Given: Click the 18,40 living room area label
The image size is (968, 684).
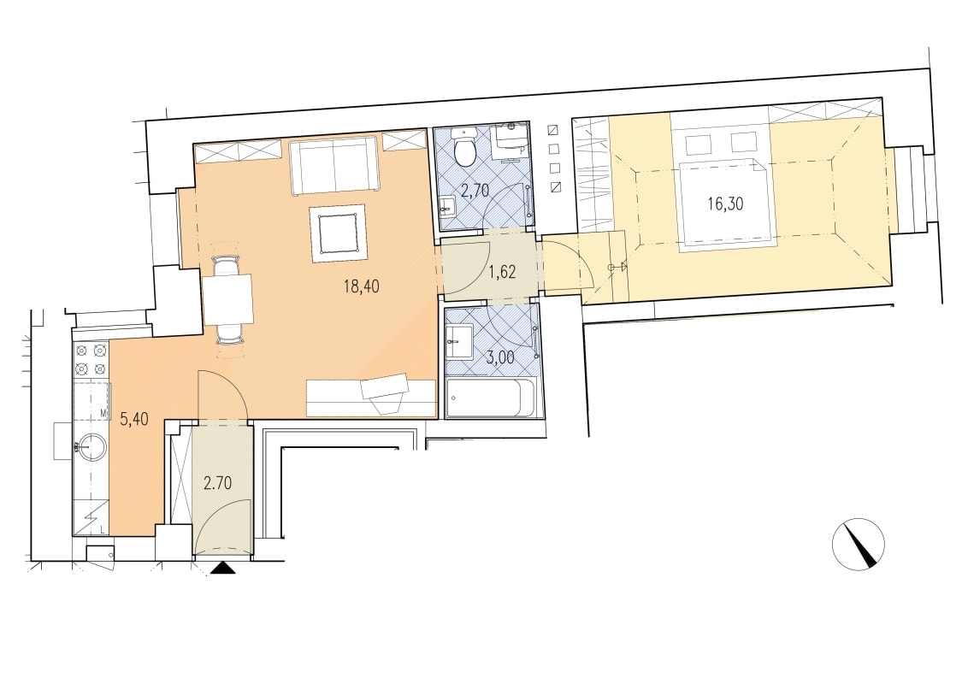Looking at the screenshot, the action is pos(362,286).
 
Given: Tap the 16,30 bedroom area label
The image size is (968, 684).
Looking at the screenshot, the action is pos(725,203).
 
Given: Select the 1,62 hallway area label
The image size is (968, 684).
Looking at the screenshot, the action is pos(502,272).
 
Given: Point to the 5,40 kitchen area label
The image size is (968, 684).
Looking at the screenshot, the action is pos(134,420).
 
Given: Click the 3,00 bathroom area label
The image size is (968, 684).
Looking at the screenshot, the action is pos(500,358).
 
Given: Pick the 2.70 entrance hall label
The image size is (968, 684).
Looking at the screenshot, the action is pos(218,482).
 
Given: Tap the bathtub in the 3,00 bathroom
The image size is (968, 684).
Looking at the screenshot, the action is pos(491,398).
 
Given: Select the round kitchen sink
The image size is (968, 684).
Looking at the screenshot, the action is pos(91,445).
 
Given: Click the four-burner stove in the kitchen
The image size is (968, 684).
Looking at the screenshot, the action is pos(90,361).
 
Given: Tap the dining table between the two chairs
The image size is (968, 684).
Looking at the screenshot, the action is pos(228,299).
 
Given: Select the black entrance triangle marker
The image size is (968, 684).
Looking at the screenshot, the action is pos(222,569).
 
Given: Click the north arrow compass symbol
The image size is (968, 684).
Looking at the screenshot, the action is pos(858,544).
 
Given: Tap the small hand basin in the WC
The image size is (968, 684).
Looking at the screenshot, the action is pos(447,208).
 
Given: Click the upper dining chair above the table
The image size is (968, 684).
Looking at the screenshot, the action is pos(227,265).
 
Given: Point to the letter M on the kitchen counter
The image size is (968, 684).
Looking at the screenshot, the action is pos(103,412).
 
